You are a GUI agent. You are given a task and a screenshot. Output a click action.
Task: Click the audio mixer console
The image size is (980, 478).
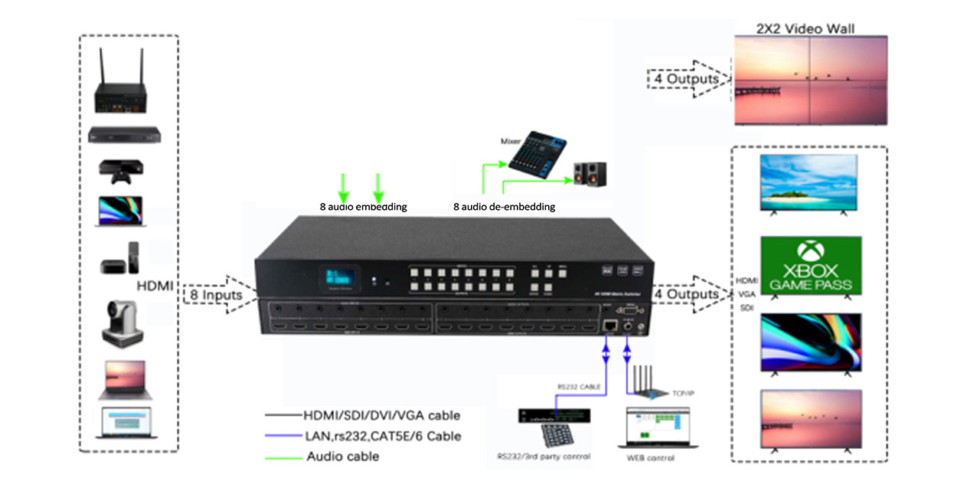coord(536,156)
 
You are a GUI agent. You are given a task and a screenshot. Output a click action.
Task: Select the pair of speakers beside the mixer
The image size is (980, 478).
coord(590,173)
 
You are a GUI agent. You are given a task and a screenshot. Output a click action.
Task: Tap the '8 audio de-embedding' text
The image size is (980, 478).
coord(504,207)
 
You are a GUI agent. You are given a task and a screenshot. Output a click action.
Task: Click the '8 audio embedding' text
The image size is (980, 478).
coord(363,207)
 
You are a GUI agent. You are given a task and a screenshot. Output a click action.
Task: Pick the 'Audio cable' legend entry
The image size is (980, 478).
coord(342,457)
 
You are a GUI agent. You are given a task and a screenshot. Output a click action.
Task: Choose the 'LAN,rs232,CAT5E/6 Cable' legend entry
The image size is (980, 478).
coord(384,436)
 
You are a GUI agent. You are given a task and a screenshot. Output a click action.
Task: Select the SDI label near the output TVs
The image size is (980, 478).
coord(746,307)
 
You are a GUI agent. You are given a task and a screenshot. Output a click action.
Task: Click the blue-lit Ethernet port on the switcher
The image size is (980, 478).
coord(608,325)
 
